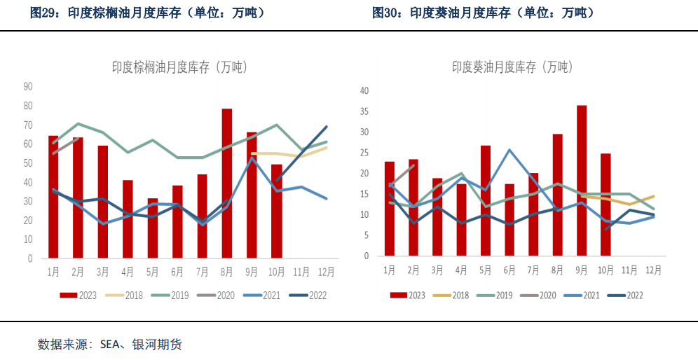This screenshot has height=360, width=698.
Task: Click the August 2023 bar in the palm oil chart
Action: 227,184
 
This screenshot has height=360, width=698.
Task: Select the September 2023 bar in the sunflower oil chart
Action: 581,181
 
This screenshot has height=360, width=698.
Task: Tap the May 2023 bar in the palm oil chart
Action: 153,228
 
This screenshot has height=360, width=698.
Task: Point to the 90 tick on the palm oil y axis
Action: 29,87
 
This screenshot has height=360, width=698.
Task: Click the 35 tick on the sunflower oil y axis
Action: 364,111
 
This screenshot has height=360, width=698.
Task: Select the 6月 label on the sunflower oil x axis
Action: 509,270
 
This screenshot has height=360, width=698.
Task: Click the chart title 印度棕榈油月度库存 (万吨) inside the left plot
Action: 179,67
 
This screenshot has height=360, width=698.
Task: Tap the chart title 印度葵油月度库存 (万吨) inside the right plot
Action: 512,67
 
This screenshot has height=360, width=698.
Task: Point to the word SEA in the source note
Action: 111,344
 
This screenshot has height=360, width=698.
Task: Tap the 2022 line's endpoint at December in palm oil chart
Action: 327,127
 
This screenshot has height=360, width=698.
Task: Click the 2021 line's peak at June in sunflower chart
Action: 509,150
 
